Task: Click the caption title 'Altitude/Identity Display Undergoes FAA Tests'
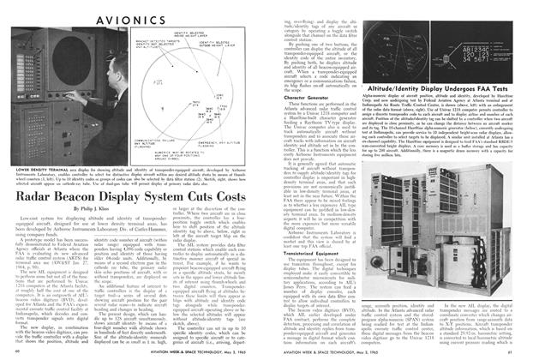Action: tap(445, 87)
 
